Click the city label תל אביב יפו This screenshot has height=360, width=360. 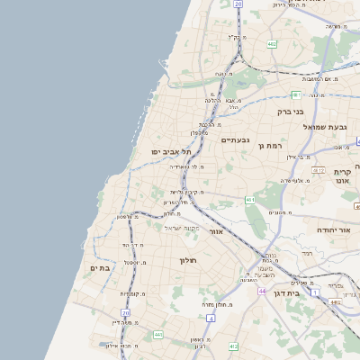coord(168,152)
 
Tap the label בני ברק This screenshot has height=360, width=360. coord(291,112)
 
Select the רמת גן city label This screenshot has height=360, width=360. coord(270,145)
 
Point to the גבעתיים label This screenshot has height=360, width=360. coord(235,139)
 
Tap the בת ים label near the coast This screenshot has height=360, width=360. coord(99,267)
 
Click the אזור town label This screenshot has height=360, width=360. coord(216,231)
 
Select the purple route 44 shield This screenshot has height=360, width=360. coord(261,292)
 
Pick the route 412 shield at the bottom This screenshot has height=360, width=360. coord(234,346)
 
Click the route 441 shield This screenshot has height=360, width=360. coord(158,335)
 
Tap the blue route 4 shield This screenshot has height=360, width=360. coord(210,318)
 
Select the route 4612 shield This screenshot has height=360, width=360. coord(318,169)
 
